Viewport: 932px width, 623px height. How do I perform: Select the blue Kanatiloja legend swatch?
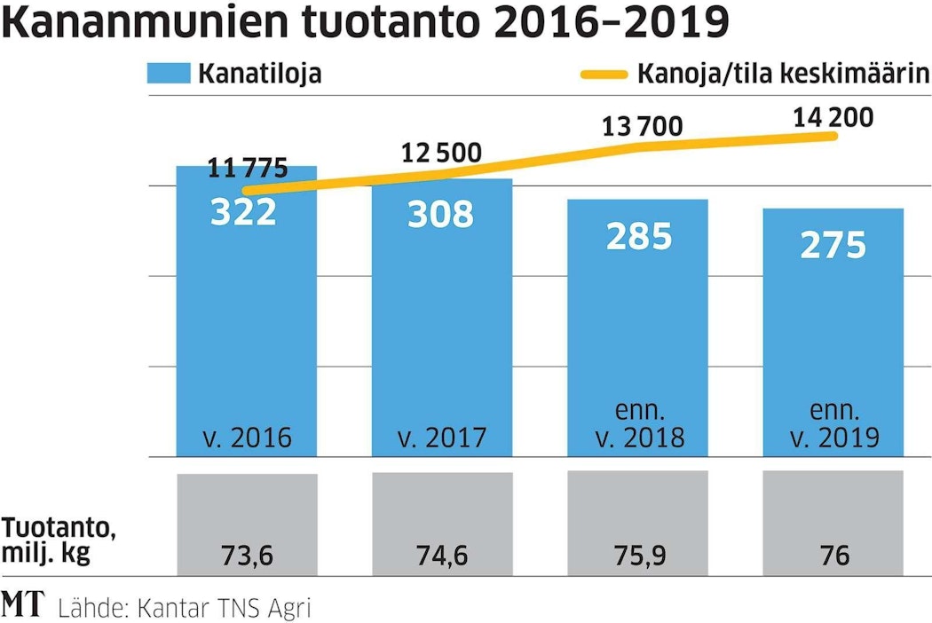point(169,74)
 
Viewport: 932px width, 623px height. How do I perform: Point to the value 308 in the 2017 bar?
point(440,215)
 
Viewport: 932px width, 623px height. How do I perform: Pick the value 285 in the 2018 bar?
point(637,236)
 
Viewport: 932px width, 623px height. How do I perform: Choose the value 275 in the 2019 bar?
point(833,245)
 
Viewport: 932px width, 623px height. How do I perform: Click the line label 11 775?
point(248,168)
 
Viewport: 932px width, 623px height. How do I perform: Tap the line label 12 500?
point(441,154)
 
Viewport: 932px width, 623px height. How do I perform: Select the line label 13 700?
point(643,127)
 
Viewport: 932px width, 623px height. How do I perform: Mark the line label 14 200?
point(833,117)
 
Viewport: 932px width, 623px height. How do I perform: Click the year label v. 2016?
point(245,438)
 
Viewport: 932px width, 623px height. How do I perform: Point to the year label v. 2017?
point(442,438)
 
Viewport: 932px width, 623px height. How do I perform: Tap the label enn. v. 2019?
point(833,425)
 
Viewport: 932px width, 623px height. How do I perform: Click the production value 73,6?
point(246,556)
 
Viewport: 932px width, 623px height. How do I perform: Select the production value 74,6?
point(442,556)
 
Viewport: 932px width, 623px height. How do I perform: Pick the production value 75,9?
point(637,556)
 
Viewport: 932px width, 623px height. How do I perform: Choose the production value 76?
point(834,556)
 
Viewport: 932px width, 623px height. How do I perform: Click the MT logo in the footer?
point(23,606)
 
